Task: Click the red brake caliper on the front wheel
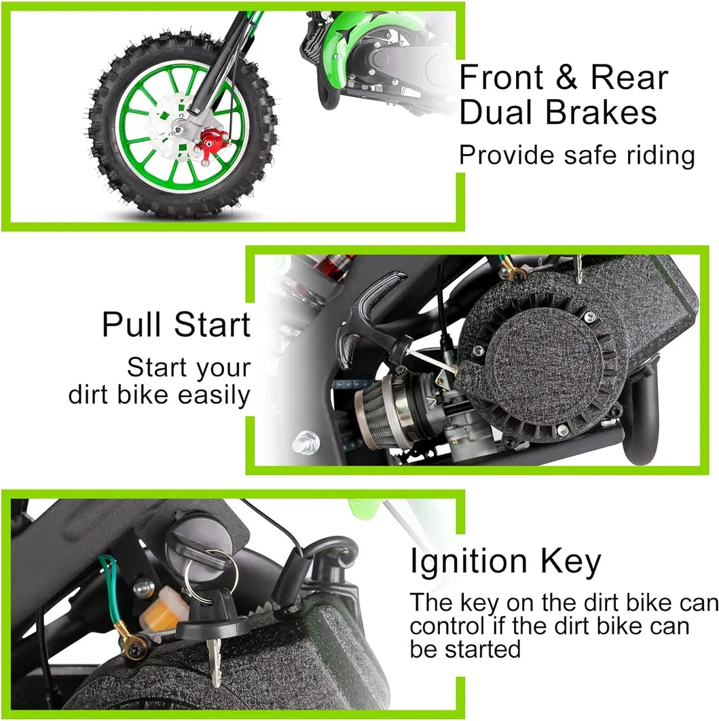pyautogui.click(x=211, y=143)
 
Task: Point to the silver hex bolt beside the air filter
pyautogui.click(x=306, y=442)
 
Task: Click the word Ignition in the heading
pyautogui.click(x=468, y=562)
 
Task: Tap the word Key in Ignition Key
pyautogui.click(x=570, y=562)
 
